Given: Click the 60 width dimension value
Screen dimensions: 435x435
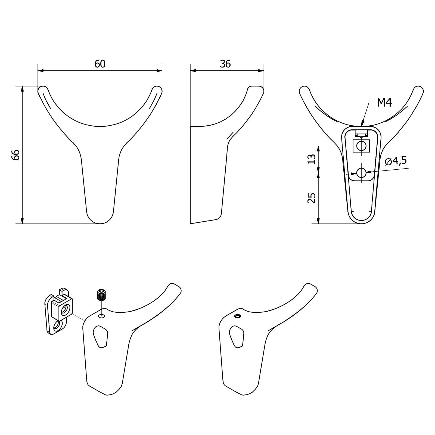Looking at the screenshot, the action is [100, 64].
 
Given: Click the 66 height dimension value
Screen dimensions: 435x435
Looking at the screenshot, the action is [16, 155].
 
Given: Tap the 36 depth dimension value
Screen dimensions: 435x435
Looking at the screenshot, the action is [225, 64].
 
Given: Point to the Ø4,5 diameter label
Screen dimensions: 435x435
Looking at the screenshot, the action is [396, 161].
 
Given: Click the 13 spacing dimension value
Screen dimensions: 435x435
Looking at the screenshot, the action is [312, 159].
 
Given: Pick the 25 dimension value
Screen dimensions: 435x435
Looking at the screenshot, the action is [312, 198].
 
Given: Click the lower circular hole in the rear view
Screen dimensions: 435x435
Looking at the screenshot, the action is [361, 172].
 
